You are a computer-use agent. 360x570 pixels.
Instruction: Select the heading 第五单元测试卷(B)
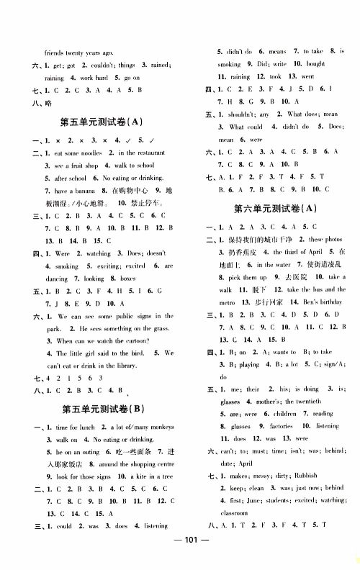coord(102,409)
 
